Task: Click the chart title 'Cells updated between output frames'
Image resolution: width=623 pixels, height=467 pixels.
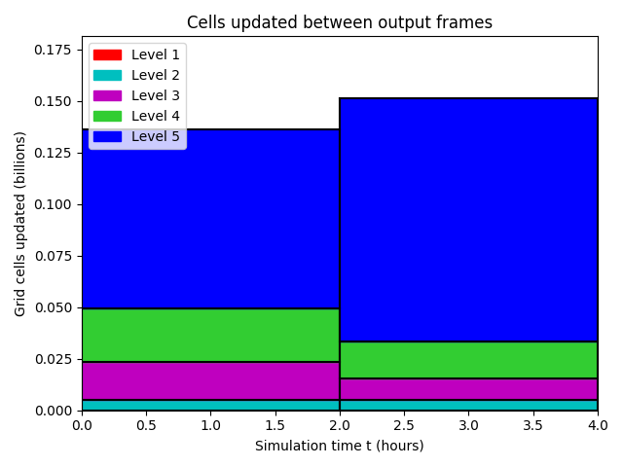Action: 340,22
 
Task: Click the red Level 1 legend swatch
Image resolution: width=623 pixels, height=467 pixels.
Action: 107,54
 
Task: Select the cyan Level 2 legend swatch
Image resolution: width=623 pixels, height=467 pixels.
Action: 107,76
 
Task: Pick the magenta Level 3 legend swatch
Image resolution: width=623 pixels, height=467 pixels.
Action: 107,95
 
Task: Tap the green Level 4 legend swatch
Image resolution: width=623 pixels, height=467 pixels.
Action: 107,116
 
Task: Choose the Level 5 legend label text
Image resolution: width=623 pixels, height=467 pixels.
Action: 156,136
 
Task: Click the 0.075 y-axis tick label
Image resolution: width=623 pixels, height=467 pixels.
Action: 53,256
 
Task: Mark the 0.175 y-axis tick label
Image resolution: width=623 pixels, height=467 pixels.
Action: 53,50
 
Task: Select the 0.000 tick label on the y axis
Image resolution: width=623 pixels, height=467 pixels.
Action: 53,411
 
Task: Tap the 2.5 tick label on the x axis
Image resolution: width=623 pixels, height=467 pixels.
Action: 404,426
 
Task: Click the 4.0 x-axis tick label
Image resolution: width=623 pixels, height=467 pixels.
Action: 598,426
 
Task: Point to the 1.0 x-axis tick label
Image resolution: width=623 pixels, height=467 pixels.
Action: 210,426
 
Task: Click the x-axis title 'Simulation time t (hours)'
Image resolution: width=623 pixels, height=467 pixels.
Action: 340,446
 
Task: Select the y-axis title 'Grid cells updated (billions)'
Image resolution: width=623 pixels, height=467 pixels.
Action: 19,224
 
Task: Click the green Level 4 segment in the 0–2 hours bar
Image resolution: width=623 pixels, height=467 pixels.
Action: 210,335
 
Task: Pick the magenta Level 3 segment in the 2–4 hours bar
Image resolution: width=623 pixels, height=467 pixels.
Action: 468,389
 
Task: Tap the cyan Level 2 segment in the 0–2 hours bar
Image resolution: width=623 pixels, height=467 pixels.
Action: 210,405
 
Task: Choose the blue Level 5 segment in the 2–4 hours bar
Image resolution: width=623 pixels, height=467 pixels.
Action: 468,220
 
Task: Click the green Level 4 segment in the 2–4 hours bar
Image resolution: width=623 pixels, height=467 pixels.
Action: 468,360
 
